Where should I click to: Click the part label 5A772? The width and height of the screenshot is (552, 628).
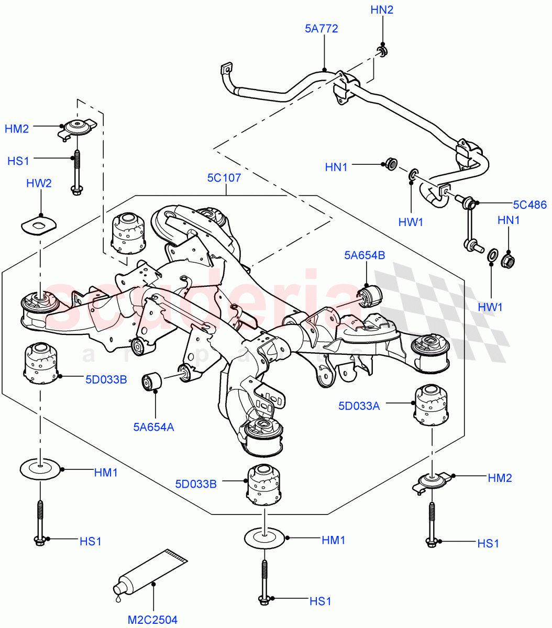click(321, 28)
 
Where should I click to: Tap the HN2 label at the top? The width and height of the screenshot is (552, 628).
click(382, 9)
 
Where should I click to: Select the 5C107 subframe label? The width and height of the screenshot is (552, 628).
click(224, 177)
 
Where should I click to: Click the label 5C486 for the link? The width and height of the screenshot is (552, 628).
click(529, 205)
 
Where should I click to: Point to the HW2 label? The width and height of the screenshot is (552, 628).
click(39, 183)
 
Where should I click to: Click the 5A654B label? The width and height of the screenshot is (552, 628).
click(365, 255)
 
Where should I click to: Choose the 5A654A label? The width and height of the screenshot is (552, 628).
click(153, 427)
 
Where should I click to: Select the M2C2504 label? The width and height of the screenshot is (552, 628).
click(152, 620)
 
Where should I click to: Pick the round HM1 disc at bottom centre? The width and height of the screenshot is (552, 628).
click(264, 538)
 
